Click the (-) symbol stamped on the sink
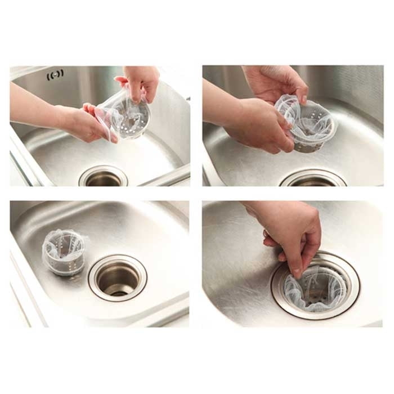(55, 74)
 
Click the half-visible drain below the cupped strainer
(313, 180)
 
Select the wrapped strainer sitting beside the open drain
(64, 252)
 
